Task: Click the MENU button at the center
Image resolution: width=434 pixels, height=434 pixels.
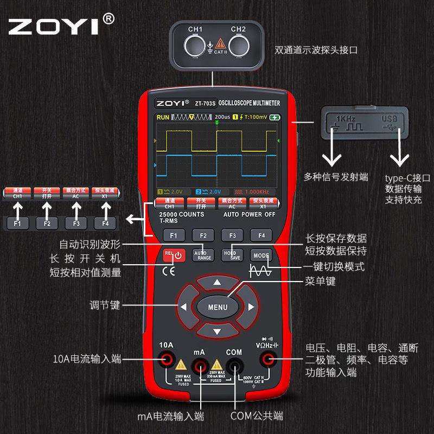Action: pyautogui.click(x=217, y=307)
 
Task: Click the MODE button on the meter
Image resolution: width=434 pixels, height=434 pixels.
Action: pyautogui.click(x=261, y=254)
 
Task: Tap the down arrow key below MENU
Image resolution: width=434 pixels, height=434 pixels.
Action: pyautogui.click(x=217, y=331)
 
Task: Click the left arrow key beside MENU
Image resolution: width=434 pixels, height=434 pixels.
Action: pyautogui.click(x=183, y=307)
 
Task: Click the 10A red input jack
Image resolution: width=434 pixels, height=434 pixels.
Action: pyautogui.click(x=166, y=359)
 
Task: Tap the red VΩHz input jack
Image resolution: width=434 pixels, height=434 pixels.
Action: pyautogui.click(x=267, y=359)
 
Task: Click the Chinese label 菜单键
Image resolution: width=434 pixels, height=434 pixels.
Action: pyautogui.click(x=320, y=281)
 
